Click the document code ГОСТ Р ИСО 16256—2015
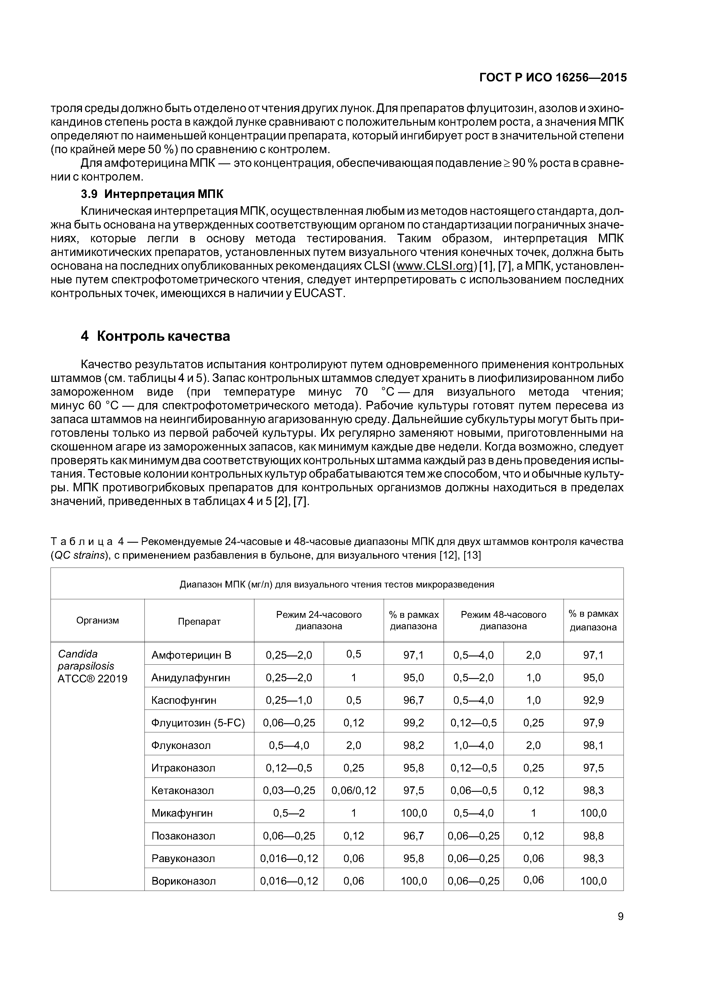[553, 78]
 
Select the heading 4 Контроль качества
[155, 336]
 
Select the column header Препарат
[199, 621]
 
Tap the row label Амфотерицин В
[191, 655]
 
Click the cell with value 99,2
[413, 723]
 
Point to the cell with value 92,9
[593, 700]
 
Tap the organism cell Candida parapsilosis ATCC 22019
[92, 666]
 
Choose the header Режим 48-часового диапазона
[503, 620]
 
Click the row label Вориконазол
[183, 881]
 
